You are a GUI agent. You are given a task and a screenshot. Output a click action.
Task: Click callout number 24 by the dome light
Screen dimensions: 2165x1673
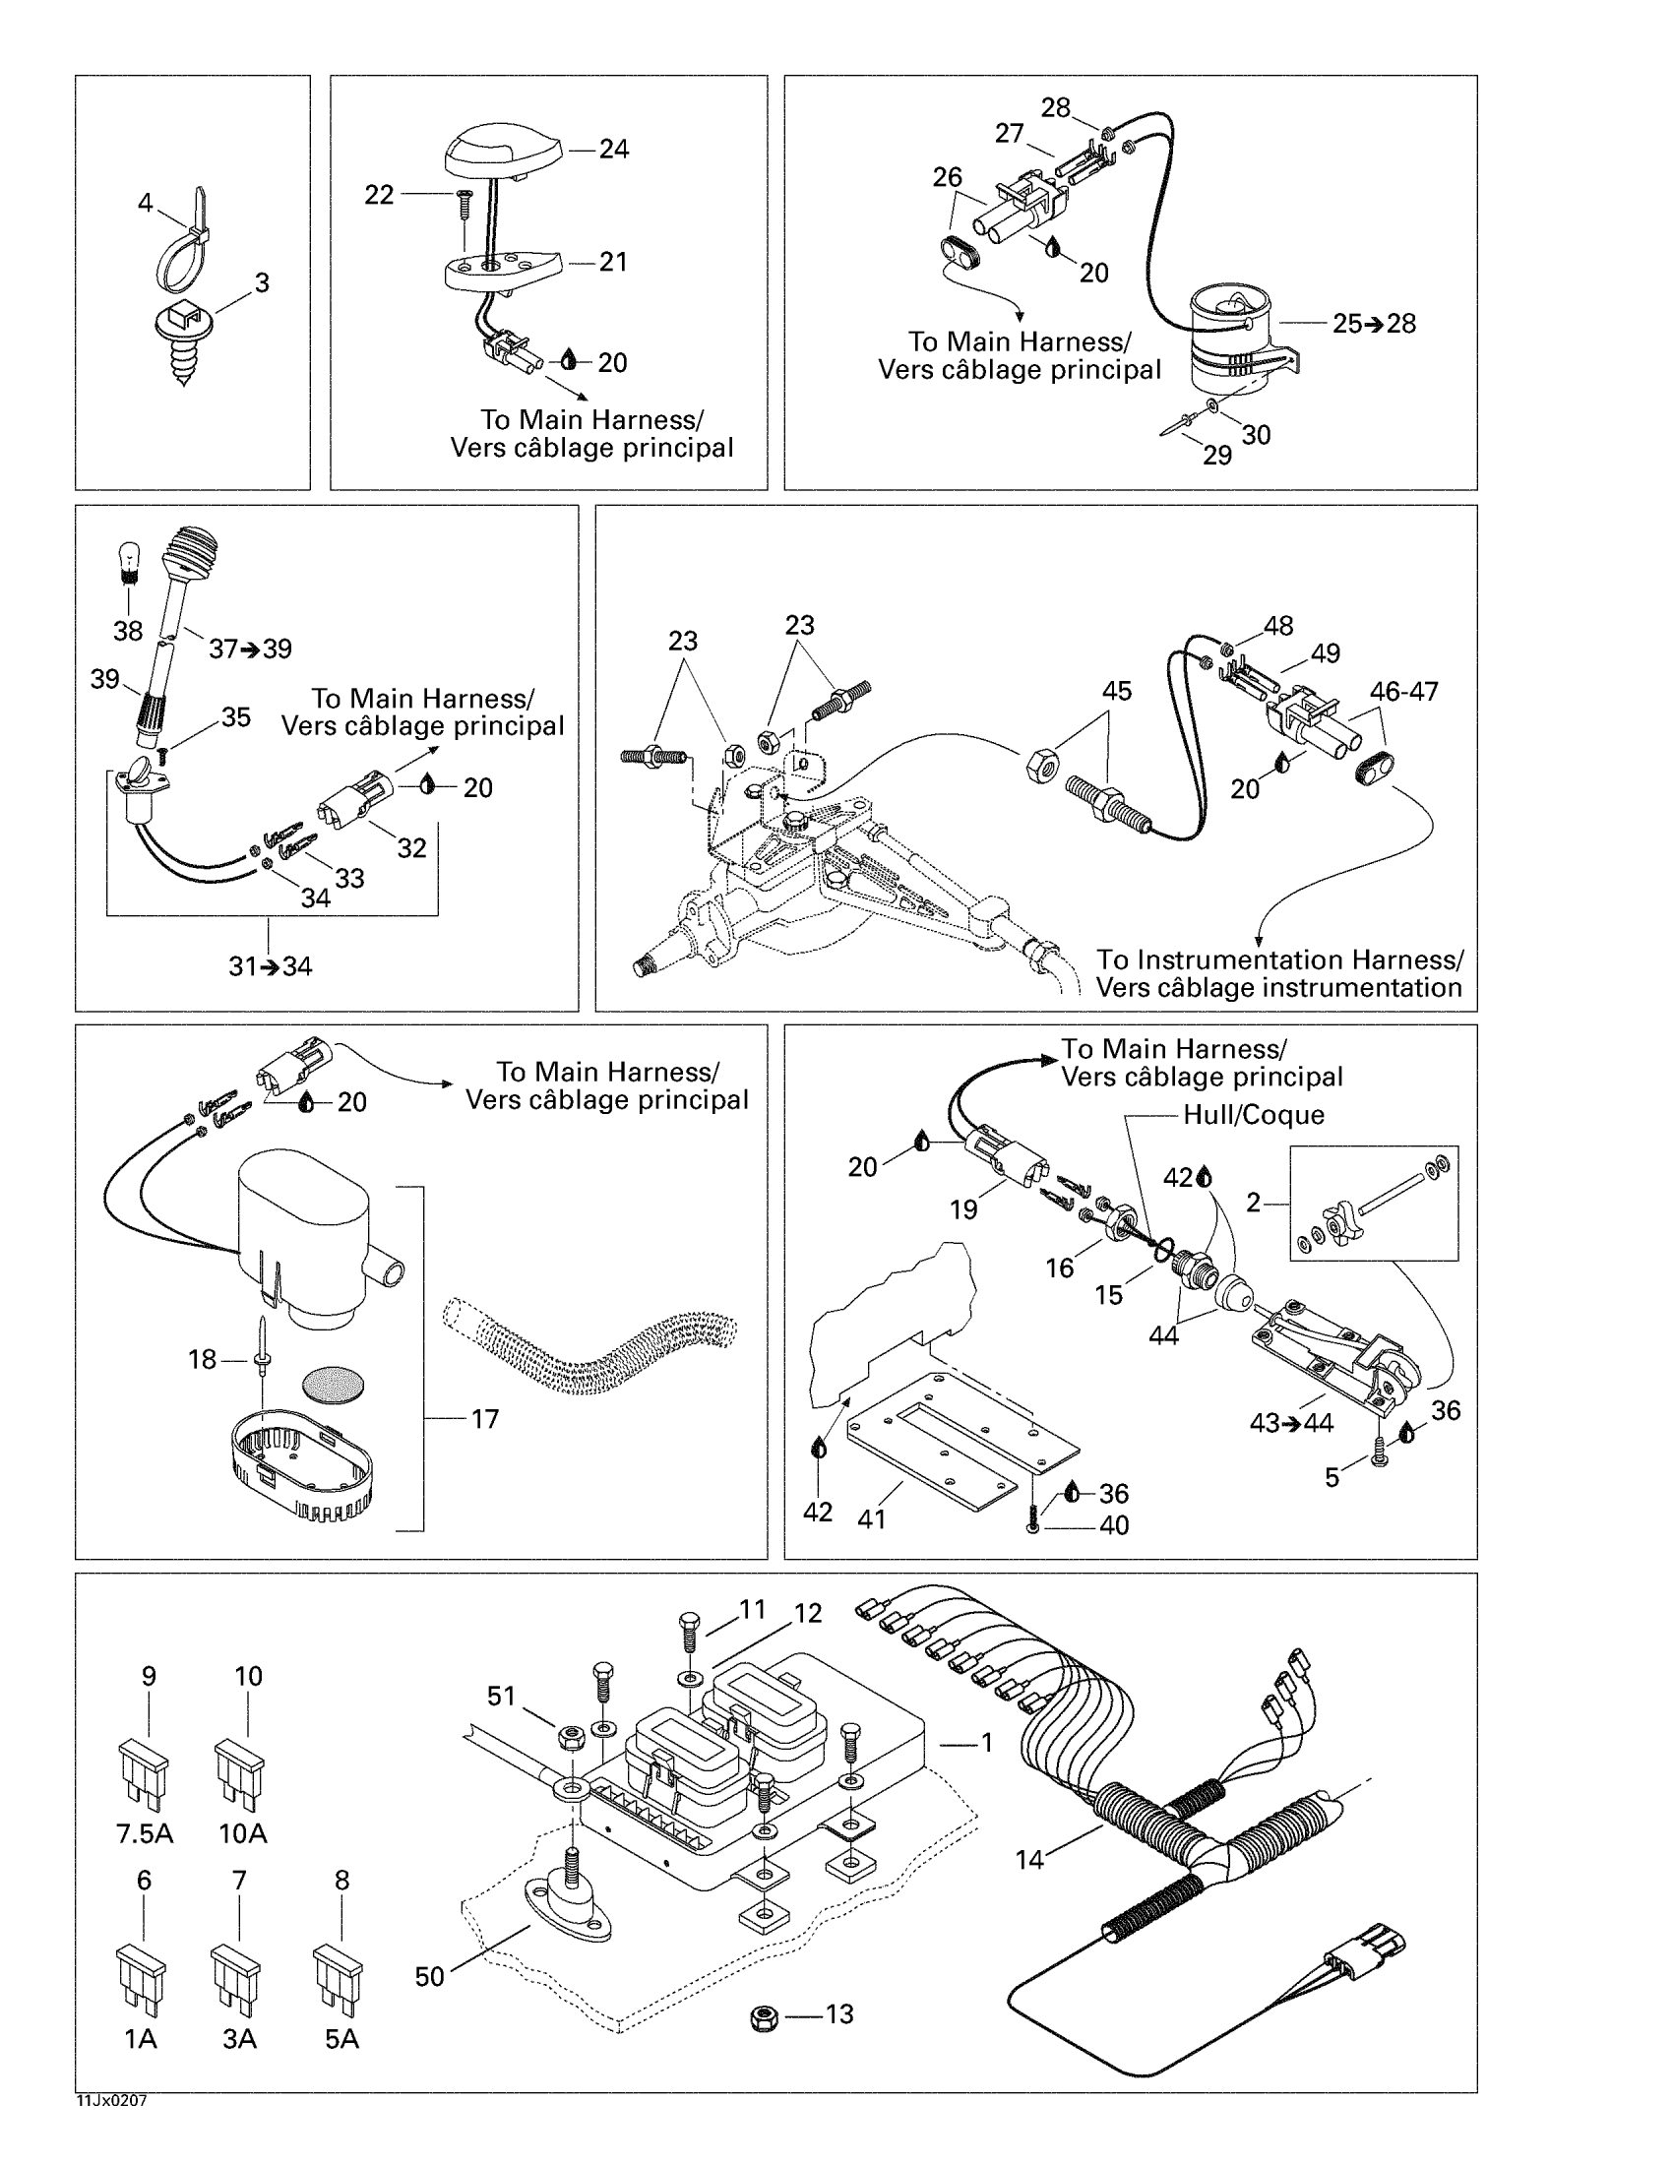pyautogui.click(x=613, y=150)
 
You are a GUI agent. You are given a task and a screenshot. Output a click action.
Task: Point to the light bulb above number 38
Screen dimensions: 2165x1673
pyautogui.click(x=128, y=561)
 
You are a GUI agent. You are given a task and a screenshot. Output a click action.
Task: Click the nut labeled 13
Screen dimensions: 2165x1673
pyautogui.click(x=764, y=2017)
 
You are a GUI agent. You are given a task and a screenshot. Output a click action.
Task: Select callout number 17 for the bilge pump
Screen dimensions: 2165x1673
pyautogui.click(x=483, y=1419)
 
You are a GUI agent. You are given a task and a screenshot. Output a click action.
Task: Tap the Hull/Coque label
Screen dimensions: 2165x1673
pyautogui.click(x=1253, y=1115)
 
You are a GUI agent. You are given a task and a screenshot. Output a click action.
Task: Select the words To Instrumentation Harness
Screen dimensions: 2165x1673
pyautogui.click(x=1278, y=959)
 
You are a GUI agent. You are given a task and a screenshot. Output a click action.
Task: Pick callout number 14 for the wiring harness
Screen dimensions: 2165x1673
pyautogui.click(x=1029, y=1860)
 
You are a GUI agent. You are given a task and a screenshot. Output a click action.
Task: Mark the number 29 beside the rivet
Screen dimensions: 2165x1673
pyautogui.click(x=1217, y=454)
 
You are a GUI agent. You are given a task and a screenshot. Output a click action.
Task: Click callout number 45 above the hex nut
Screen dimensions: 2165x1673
pyautogui.click(x=1116, y=691)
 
